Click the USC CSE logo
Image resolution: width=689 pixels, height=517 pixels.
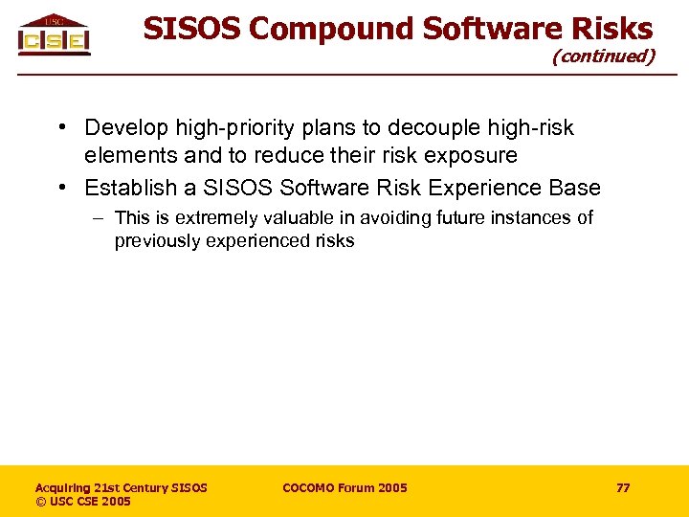point(54,34)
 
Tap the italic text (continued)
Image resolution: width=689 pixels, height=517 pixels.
point(603,56)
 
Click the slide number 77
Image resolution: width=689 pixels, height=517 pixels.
point(623,488)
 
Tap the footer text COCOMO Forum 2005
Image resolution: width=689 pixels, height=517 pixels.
point(344,488)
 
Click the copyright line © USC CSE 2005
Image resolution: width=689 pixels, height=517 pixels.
point(83,502)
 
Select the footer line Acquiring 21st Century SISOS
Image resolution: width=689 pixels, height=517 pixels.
point(121,488)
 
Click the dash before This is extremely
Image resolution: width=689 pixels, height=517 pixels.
point(99,218)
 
